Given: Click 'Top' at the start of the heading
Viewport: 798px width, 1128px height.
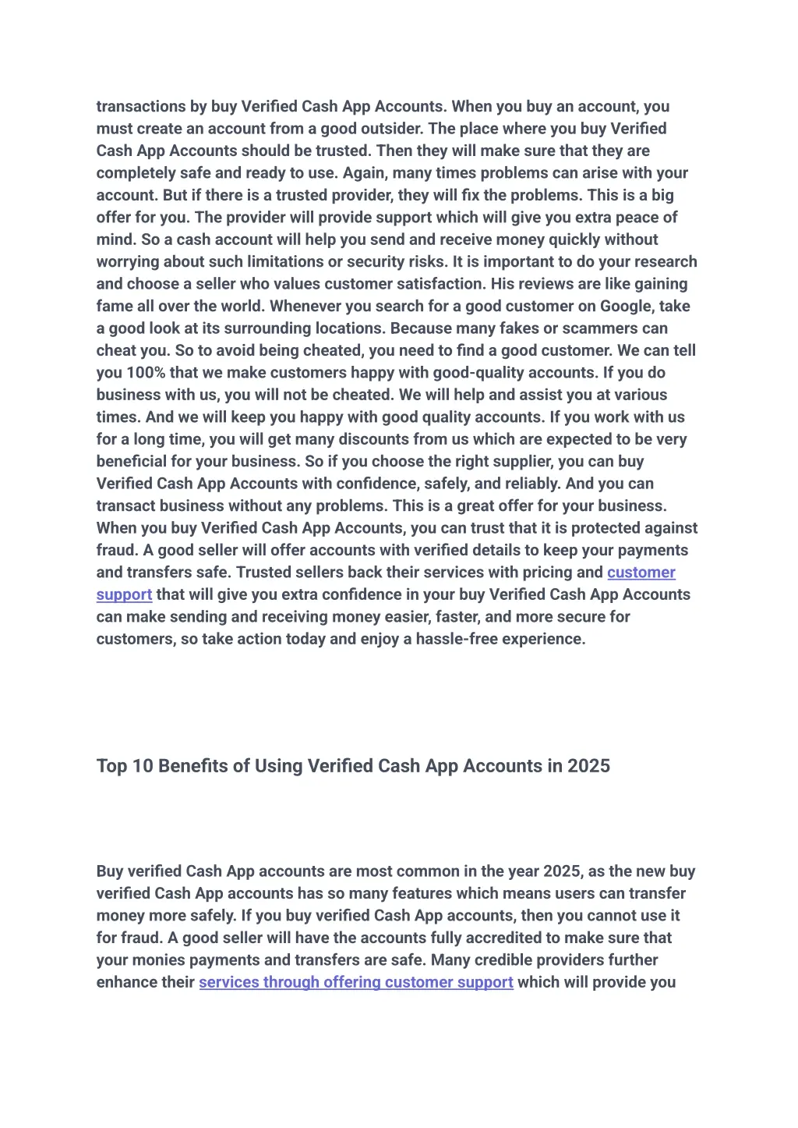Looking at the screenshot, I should (111, 766).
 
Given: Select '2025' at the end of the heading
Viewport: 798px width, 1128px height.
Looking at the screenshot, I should (588, 766).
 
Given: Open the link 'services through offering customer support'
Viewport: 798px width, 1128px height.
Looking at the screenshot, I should (356, 982).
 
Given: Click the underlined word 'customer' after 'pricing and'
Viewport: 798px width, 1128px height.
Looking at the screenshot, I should (641, 573).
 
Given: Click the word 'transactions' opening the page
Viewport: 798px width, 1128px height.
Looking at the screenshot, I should (141, 107).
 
